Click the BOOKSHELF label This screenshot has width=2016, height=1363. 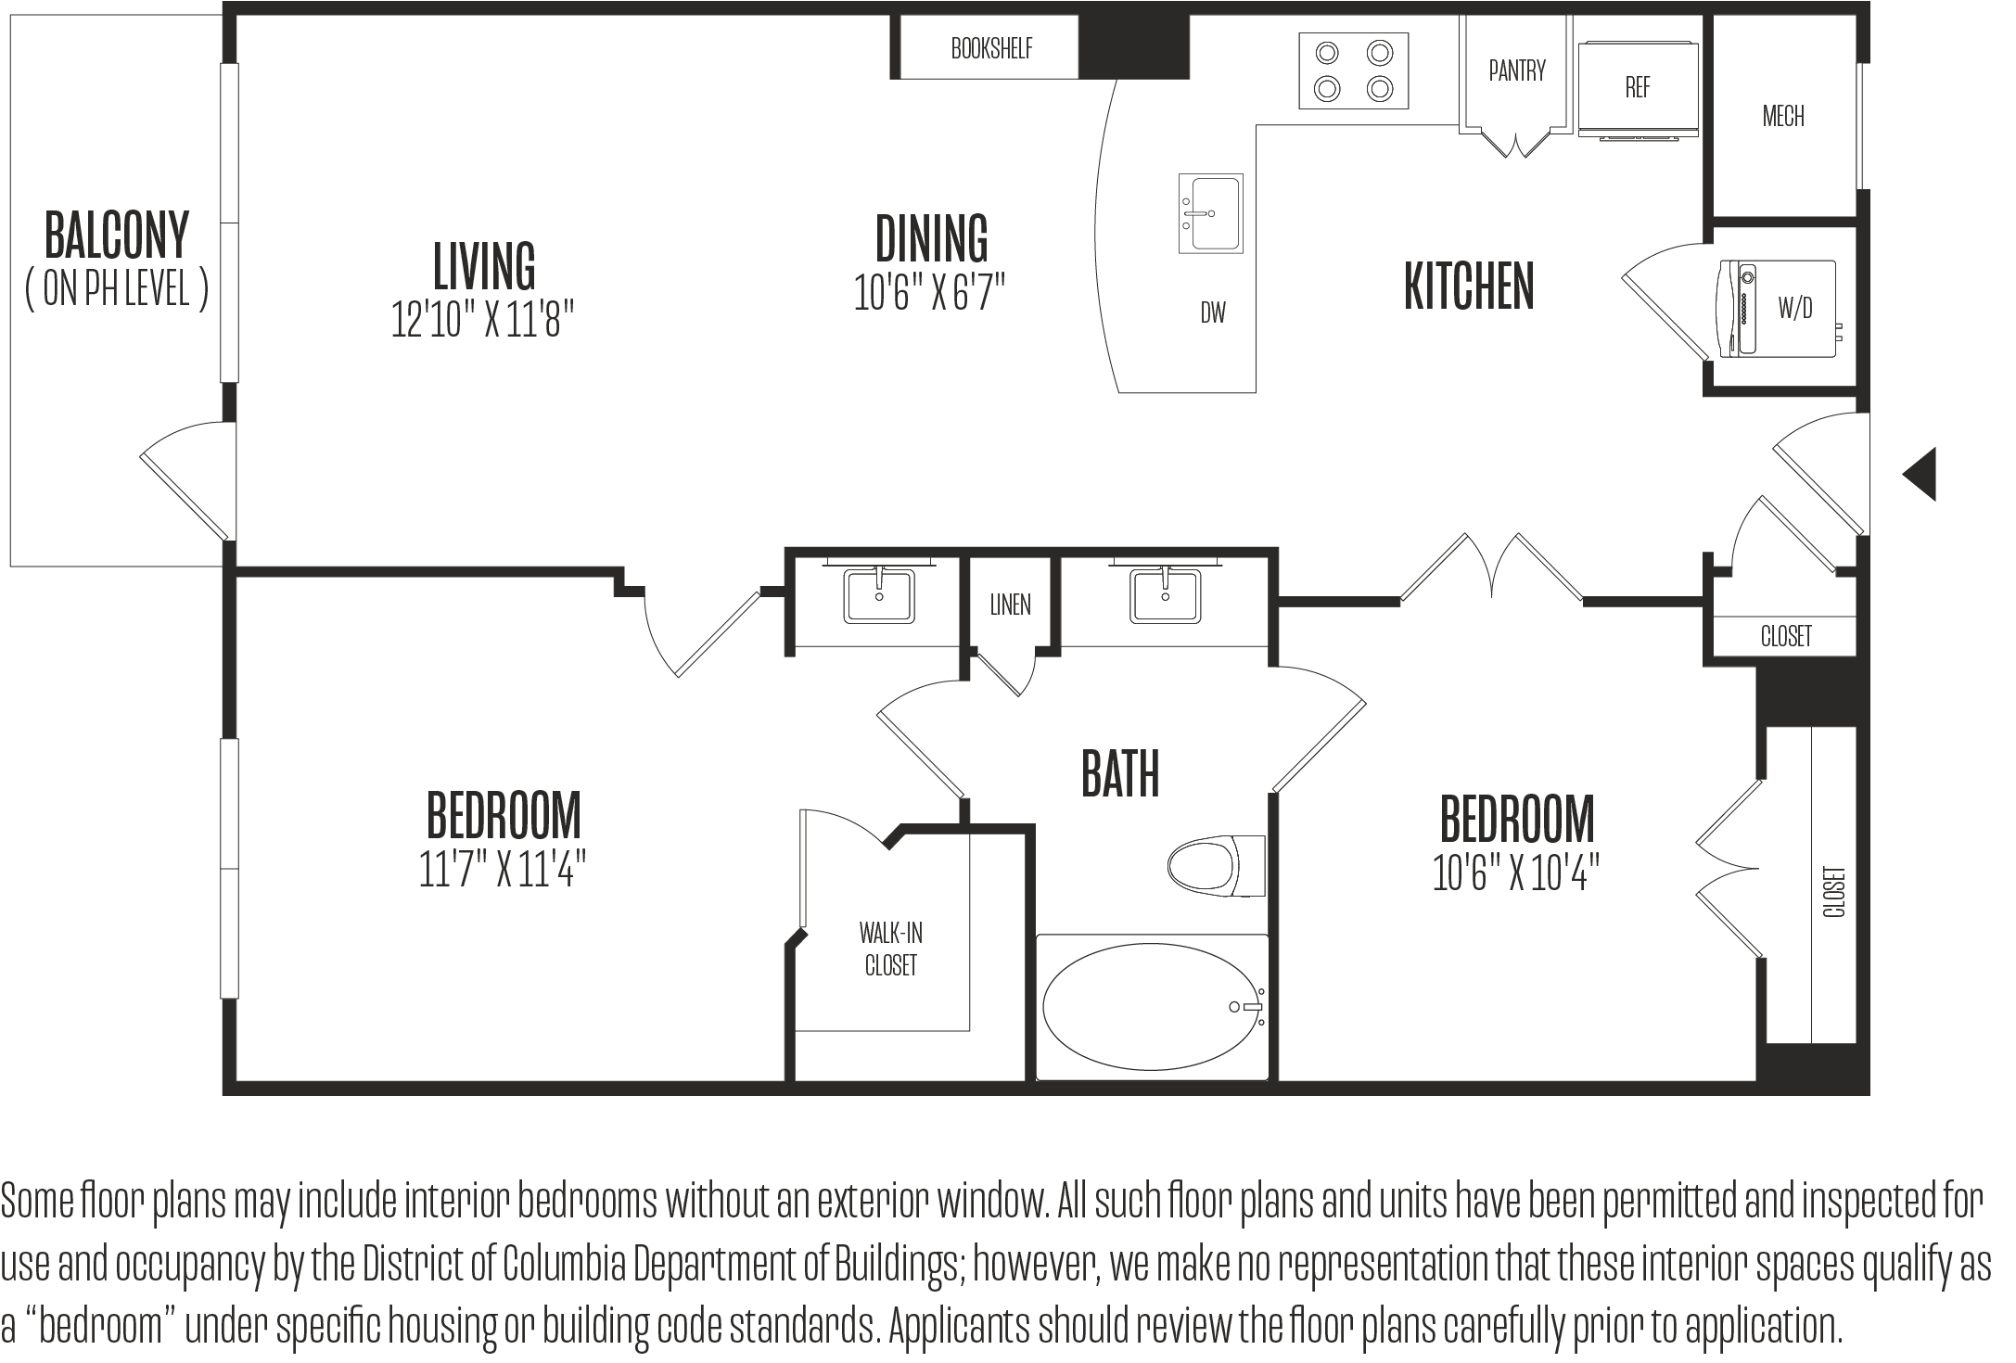click(991, 48)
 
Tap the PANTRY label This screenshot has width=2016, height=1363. click(1517, 70)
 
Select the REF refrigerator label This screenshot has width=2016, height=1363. click(1638, 87)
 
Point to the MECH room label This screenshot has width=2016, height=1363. click(1783, 116)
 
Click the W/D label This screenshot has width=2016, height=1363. click(1795, 309)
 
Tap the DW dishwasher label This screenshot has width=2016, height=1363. click(1213, 312)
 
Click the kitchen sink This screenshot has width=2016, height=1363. click(1210, 213)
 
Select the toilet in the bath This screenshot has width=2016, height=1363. click(1216, 867)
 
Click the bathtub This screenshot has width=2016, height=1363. click(1152, 1007)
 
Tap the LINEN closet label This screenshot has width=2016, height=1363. click(1010, 605)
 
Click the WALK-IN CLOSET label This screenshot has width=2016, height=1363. click(890, 949)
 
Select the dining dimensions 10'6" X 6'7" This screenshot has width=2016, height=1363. click(929, 291)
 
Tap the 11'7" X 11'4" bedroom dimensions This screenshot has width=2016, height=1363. click(503, 870)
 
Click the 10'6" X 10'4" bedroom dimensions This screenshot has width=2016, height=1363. click(1516, 873)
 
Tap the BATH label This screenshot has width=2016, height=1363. click(1120, 774)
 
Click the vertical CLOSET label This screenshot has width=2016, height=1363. click(1834, 892)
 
